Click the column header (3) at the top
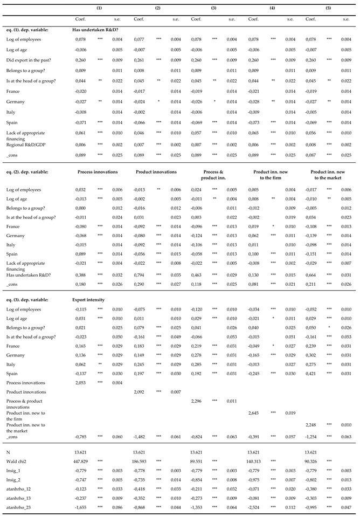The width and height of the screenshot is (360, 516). (214, 8)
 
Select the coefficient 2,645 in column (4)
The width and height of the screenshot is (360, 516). (257, 413)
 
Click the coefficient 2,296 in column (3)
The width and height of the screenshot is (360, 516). (199, 401)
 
